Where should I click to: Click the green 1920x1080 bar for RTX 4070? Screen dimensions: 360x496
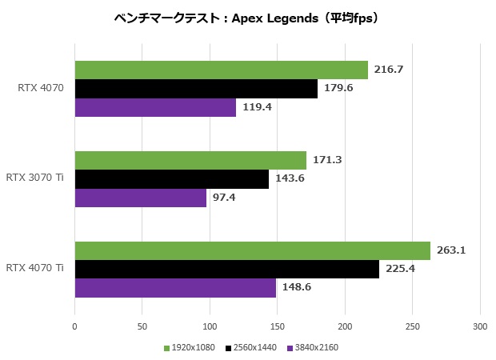tap(221, 70)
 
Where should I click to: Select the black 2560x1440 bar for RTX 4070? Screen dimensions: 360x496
tap(196, 89)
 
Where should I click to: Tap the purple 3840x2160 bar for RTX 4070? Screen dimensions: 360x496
tap(155, 107)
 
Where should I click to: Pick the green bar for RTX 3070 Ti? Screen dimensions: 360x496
tap(190, 160)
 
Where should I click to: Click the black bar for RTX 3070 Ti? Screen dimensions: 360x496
tap(171, 178)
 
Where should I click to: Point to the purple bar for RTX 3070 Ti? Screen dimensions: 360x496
tap(140, 197)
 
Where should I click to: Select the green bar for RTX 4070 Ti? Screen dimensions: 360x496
tap(252, 250)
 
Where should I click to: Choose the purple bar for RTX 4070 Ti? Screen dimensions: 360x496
tap(175, 287)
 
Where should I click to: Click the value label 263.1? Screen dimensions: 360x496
tap(451, 250)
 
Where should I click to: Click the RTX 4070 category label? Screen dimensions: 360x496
tap(40, 88)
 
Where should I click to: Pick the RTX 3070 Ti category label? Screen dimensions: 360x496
tap(34, 178)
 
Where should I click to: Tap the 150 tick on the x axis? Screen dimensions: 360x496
tap(277, 326)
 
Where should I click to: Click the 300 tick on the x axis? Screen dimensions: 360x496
tap(480, 326)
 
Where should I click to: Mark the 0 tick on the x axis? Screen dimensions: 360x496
tap(74, 326)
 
